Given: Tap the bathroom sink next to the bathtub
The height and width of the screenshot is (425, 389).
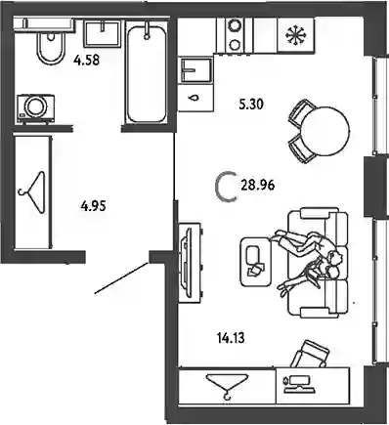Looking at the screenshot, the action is tap(102, 33).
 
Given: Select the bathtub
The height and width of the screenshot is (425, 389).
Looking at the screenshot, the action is tap(147, 73).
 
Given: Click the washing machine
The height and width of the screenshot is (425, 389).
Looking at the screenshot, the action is tap(35, 108).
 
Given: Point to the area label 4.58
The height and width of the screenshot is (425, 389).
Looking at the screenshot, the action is tap(86, 61).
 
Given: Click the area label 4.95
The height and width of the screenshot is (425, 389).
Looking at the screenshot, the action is tap(93, 206).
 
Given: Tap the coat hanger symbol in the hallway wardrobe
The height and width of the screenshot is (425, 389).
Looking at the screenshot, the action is tap(32, 192).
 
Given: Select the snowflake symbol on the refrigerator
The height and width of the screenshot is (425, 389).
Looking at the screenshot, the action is tap(296, 34).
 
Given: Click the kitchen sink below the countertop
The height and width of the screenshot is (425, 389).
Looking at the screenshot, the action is tap(195, 70).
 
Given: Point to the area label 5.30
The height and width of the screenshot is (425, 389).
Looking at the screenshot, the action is tap(251, 105).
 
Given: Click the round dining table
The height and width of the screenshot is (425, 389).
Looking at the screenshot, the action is tap(325, 131).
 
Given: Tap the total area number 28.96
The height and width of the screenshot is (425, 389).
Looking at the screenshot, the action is tap(258, 186).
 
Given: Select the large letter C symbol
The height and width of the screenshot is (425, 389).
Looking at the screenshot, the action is tap(225, 187).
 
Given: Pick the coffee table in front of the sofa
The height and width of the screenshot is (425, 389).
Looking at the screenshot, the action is tap(256, 262).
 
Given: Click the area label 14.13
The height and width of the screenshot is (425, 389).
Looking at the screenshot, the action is tap(231, 338).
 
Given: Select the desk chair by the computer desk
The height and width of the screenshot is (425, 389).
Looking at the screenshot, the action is tap(311, 355).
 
